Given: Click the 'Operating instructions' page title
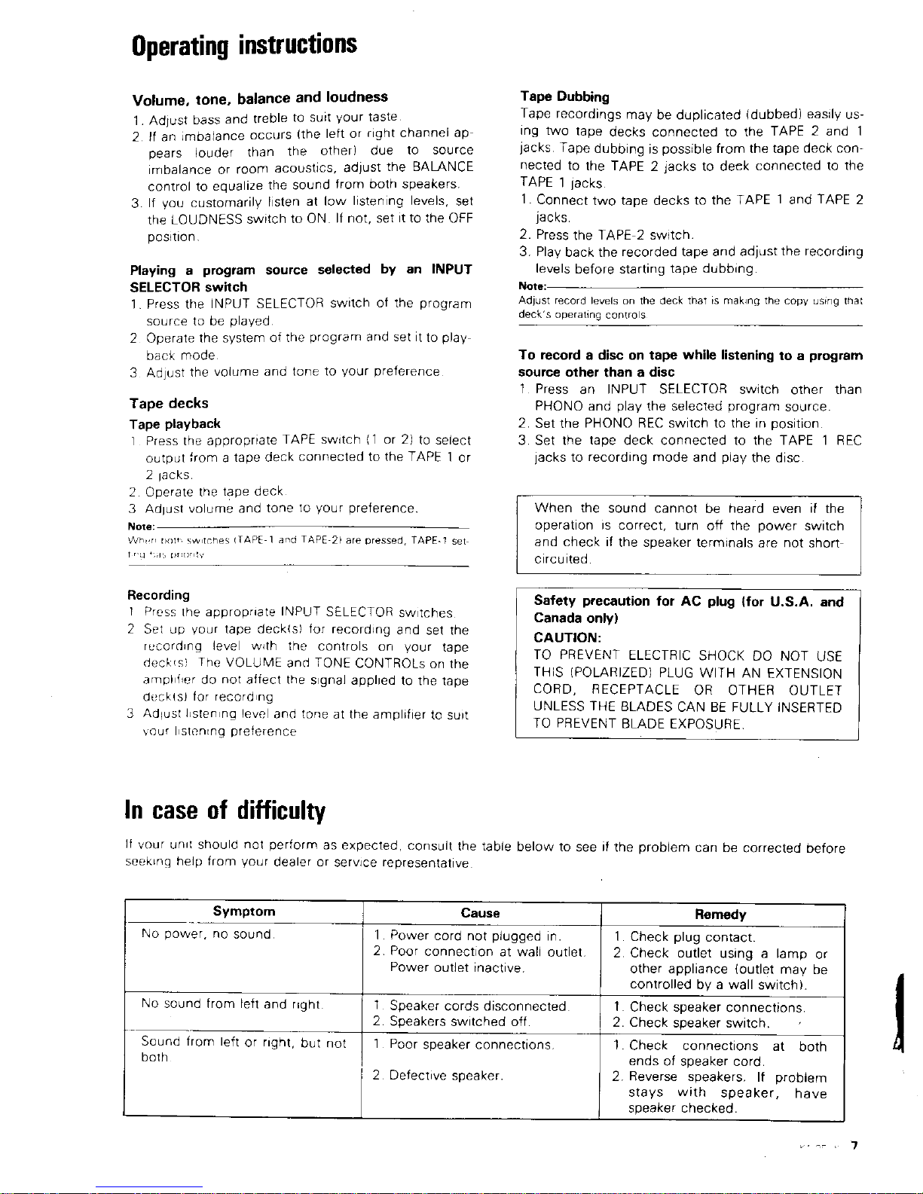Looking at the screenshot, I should [244, 44].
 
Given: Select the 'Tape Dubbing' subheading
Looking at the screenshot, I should [564, 96].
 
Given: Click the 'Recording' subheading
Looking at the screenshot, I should [158, 595].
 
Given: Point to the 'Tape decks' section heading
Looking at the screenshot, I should [169, 403].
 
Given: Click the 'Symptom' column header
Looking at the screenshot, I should [244, 912].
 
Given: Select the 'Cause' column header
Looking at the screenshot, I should [481, 913].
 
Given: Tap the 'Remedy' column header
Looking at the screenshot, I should [720, 915].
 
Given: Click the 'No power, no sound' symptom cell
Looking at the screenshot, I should [207, 934].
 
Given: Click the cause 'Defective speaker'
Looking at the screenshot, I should [445, 1075].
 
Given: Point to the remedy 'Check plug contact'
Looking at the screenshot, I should [692, 937].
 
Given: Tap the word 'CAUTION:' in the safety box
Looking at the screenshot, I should [567, 638].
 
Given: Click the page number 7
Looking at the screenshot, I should [854, 1147].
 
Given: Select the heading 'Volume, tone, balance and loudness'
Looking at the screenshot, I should [260, 98].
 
